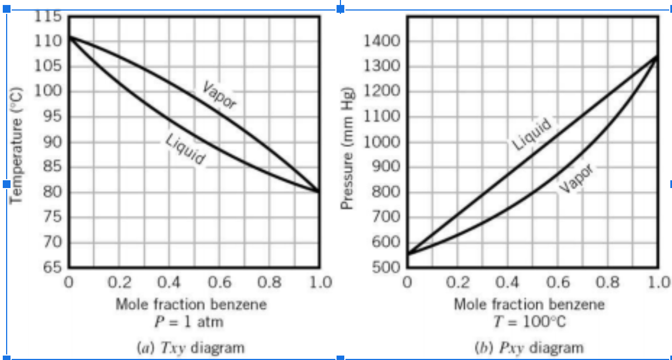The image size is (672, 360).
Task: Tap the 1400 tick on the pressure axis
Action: [383, 41]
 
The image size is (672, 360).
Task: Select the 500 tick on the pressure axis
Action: [386, 268]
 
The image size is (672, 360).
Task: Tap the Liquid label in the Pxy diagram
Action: [532, 134]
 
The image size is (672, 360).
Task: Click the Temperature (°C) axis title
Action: [18, 145]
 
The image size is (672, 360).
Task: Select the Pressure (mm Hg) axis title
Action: [347, 148]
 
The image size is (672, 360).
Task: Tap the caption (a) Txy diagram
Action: [190, 348]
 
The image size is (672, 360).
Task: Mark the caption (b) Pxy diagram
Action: [529, 348]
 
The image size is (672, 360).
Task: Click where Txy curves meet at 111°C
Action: [69, 37]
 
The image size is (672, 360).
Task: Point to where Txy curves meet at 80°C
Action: [318, 191]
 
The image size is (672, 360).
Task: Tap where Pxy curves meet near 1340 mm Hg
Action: [657, 57]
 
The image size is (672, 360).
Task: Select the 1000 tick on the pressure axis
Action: [383, 142]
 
